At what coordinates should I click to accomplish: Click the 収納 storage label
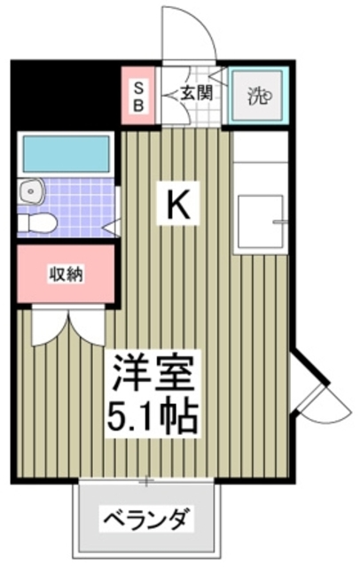(x=65, y=274)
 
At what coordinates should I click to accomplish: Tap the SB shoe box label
(x=138, y=93)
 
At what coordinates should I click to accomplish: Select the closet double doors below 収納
(x=65, y=328)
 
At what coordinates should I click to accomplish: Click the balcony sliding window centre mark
(x=147, y=482)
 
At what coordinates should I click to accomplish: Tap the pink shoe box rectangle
(x=138, y=93)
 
